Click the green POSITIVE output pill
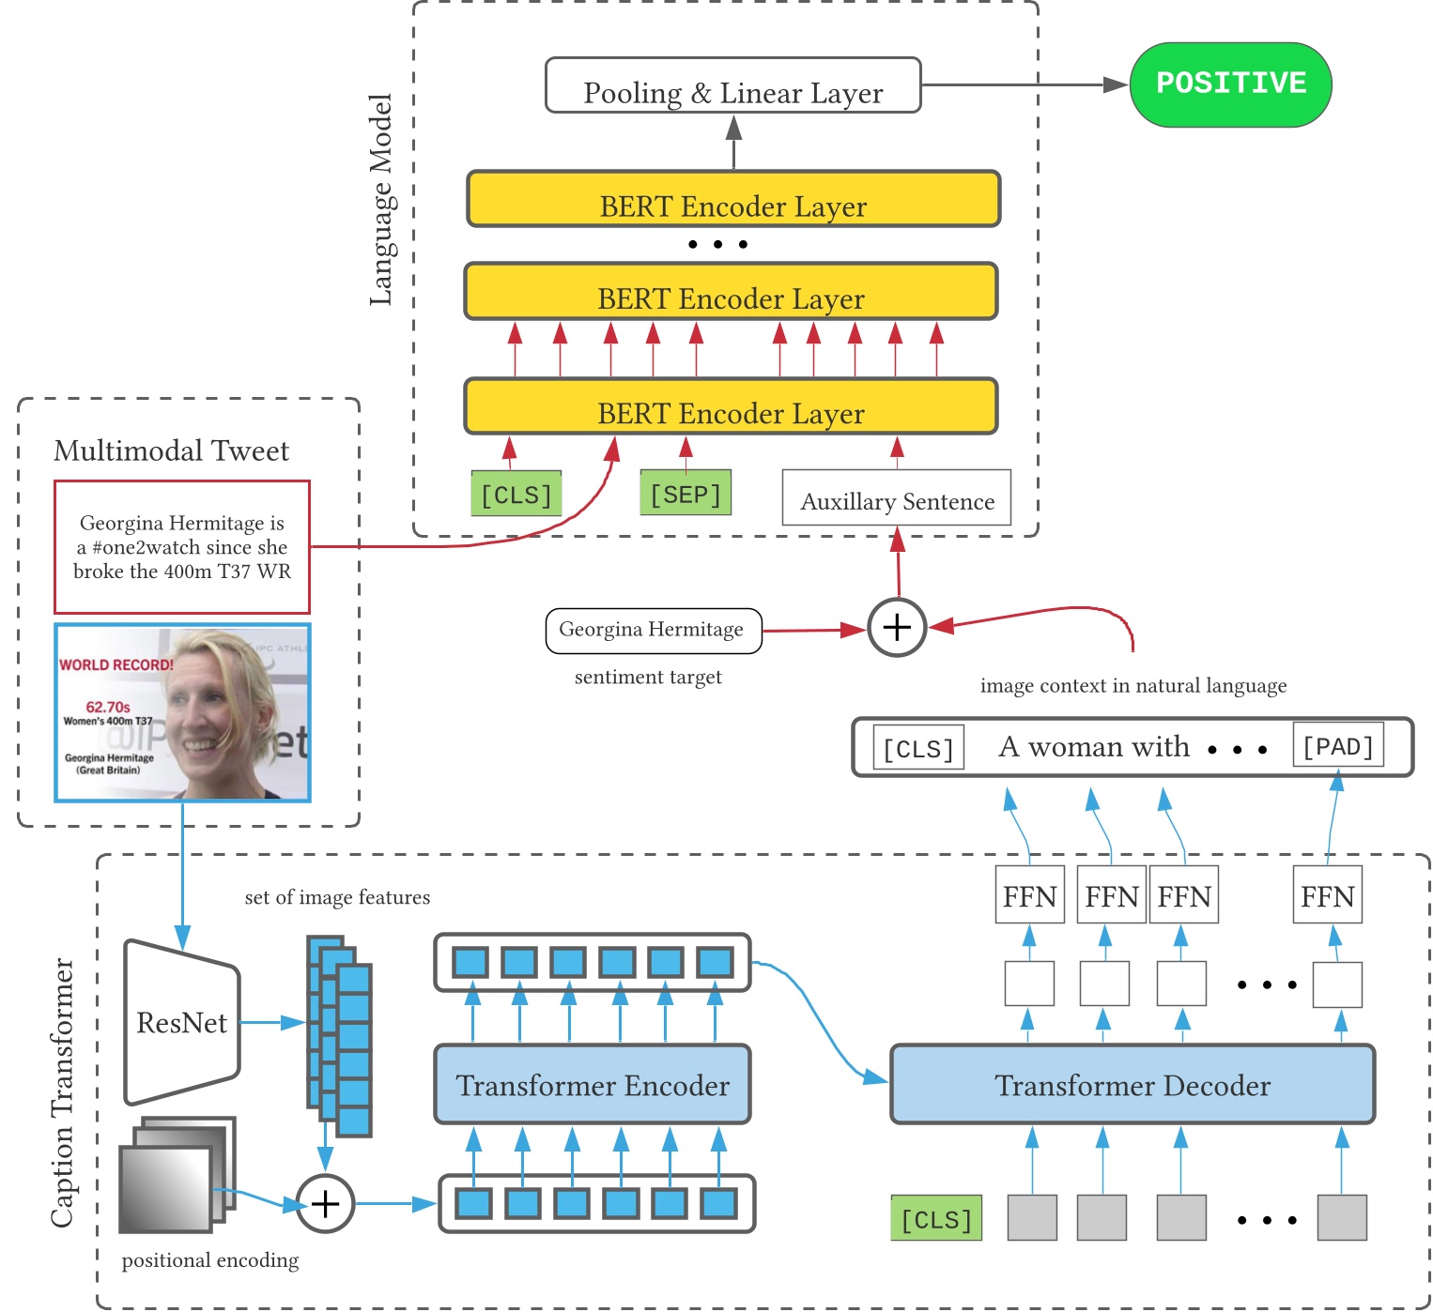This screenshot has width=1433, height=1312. tap(1230, 84)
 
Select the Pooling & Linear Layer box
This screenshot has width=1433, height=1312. tap(733, 85)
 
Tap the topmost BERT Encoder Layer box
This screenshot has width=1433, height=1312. tap(733, 199)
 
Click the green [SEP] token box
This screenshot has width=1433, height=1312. tap(686, 494)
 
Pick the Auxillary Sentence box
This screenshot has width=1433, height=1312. tap(897, 497)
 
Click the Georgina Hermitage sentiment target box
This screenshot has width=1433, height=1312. tap(653, 630)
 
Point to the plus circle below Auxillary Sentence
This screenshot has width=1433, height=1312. tap(897, 627)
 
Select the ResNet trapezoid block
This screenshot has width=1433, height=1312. tap(182, 1022)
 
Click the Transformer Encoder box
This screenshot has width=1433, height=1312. tap(593, 1085)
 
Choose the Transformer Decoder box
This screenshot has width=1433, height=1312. tap(1133, 1085)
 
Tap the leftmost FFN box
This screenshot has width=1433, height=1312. tap(1029, 895)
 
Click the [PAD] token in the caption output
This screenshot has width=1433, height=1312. tap(1338, 746)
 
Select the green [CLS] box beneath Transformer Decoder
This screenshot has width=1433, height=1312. tap(936, 1218)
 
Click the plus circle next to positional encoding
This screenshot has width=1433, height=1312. tap(325, 1203)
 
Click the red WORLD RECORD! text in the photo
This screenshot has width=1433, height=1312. tap(116, 664)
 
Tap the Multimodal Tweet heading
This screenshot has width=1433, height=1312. tap(172, 450)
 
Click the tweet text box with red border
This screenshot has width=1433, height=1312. tap(182, 547)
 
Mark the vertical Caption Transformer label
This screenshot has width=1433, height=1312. tap(62, 1092)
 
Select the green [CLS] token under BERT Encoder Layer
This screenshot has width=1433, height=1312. tap(516, 494)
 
